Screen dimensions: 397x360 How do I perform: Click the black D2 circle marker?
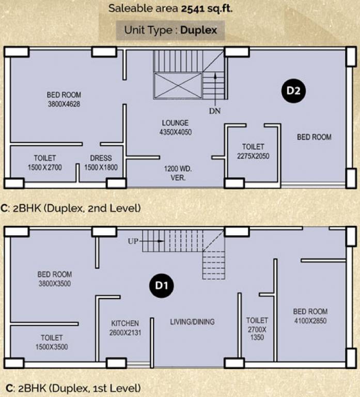pyautogui.click(x=294, y=91)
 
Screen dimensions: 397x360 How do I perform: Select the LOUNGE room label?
pyautogui.click(x=175, y=123)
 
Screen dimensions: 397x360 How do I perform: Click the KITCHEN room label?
pyautogui.click(x=124, y=323)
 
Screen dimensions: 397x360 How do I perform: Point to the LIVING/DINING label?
pyautogui.click(x=192, y=322)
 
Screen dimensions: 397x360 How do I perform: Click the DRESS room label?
pyautogui.click(x=101, y=158)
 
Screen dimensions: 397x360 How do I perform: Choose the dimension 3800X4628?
pyautogui.click(x=64, y=104)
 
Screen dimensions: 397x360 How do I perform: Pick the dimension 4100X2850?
pyautogui.click(x=310, y=320)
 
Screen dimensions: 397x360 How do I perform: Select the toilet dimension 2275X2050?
pyautogui.click(x=253, y=156)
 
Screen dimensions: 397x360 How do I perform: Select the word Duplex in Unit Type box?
pyautogui.click(x=199, y=30)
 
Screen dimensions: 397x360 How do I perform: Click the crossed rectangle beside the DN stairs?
pyautogui.click(x=177, y=85)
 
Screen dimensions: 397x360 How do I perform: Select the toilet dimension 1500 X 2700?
pyautogui.click(x=45, y=167)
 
